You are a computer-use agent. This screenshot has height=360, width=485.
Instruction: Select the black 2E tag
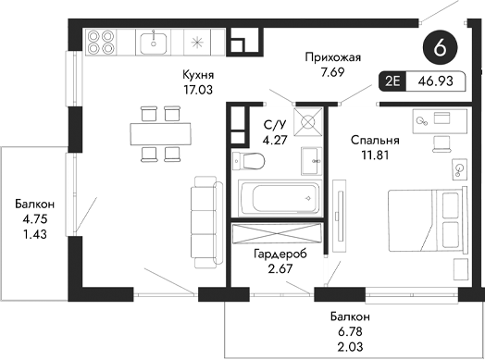[392, 82]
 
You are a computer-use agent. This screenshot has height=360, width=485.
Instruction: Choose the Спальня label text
[375, 141]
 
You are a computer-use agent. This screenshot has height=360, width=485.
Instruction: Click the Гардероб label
[280, 253]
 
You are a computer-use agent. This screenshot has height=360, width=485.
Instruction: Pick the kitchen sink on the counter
[153, 42]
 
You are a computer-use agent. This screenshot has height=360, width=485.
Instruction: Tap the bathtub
[278, 197]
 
